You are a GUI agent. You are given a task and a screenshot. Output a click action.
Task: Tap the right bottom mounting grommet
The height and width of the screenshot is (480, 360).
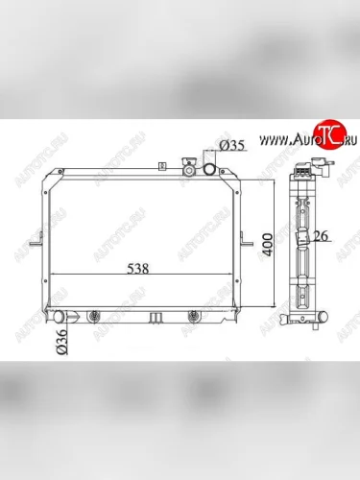[x=195, y=315]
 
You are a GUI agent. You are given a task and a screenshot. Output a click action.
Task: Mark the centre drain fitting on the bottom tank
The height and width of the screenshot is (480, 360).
[x=151, y=315]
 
